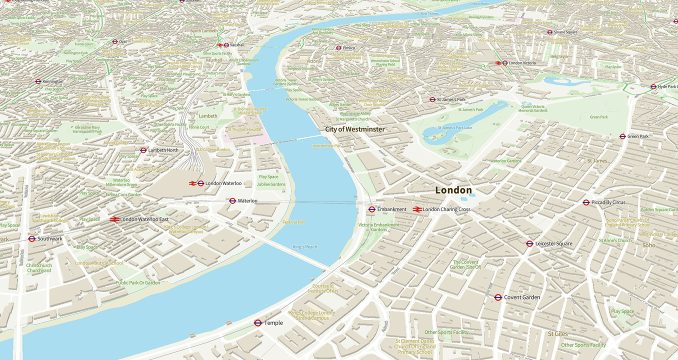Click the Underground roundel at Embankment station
372,209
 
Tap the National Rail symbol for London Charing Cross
417,209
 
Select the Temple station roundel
258,323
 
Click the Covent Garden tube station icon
498,297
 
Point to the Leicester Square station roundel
529,244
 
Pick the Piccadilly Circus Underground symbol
586,202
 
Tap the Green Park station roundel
622,136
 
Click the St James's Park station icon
432,99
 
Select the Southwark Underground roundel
32,239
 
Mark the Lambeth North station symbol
143,150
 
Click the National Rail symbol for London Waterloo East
114,219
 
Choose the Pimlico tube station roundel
338,48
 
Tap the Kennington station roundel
38,81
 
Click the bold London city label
453,190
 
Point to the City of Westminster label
355,129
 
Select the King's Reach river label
304,247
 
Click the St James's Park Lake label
454,127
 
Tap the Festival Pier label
293,222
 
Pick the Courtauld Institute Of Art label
322,288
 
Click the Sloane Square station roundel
549,32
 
